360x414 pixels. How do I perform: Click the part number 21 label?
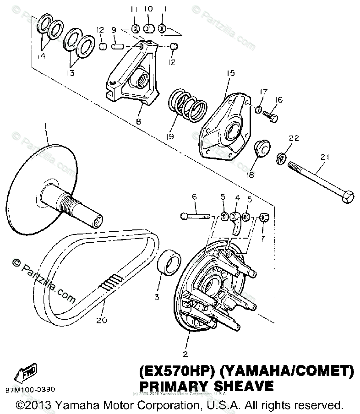(x=326, y=158)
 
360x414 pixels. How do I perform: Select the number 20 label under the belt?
(x=102, y=320)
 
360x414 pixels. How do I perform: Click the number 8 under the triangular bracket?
(x=138, y=122)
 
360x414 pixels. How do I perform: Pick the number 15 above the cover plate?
(x=230, y=73)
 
